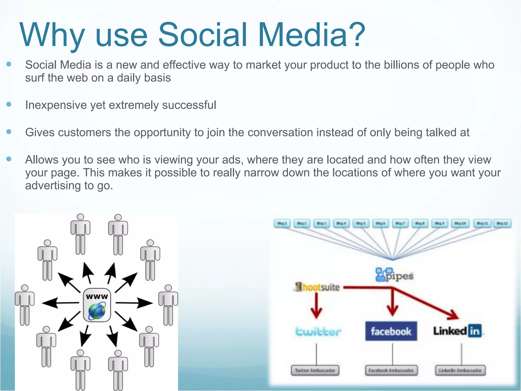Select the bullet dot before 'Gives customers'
(9, 132)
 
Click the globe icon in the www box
(97, 311)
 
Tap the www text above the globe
(97, 296)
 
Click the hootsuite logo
(317, 287)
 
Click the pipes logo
(394, 275)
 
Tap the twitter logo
(318, 332)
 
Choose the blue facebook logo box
(391, 331)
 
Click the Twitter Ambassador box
(315, 370)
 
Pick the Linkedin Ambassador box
(460, 370)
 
